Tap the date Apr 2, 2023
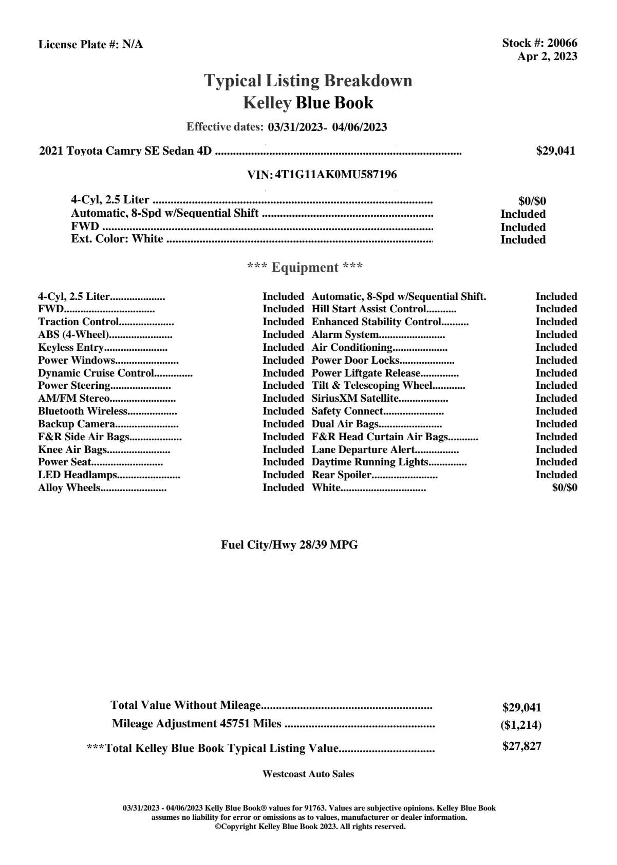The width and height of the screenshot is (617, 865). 547,57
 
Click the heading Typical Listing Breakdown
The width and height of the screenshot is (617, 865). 308,81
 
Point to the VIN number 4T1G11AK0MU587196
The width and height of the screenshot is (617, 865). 336,175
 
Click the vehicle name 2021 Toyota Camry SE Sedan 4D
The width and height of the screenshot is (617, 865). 125,151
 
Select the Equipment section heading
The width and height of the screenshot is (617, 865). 305,268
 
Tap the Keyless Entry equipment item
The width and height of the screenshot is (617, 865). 71,348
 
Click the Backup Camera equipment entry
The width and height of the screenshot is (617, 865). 77,424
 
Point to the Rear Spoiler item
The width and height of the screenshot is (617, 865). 341,475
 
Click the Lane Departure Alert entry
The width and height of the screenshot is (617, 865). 363,450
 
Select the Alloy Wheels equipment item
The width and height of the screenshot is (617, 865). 69,488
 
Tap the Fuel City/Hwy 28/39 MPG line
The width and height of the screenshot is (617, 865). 289,545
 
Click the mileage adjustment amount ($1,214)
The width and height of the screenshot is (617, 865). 521,725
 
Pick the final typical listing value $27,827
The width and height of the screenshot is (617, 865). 521,746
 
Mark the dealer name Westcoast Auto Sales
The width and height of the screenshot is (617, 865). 308,774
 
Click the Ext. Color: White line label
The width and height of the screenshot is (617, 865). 117,239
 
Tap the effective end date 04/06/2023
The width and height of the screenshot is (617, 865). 360,127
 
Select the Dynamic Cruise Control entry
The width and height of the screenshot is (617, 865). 96,373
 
